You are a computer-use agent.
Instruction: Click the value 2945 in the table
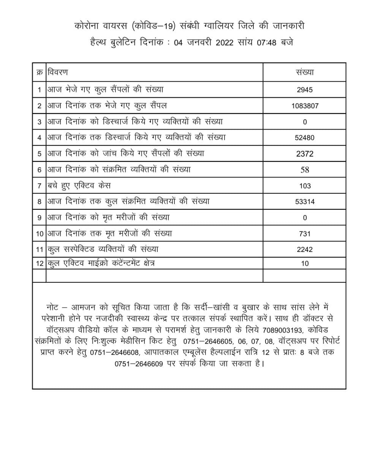point(305,90)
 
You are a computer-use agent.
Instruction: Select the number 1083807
point(305,106)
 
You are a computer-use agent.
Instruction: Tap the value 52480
point(305,138)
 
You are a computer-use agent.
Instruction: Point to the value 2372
point(305,154)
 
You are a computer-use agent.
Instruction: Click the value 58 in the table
point(305,170)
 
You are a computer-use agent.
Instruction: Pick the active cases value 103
point(305,186)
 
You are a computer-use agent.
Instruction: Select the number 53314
point(305,202)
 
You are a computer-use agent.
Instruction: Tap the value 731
point(305,234)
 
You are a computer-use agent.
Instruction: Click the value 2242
point(305,250)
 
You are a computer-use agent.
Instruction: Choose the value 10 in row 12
point(305,263)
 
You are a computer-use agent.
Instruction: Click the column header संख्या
point(305,72)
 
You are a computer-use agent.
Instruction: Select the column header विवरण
point(58,72)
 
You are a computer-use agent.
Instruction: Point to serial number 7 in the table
point(39,186)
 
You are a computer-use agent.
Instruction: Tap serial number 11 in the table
point(39,250)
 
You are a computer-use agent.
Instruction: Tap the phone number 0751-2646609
point(139,364)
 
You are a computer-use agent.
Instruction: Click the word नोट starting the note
point(53,306)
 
